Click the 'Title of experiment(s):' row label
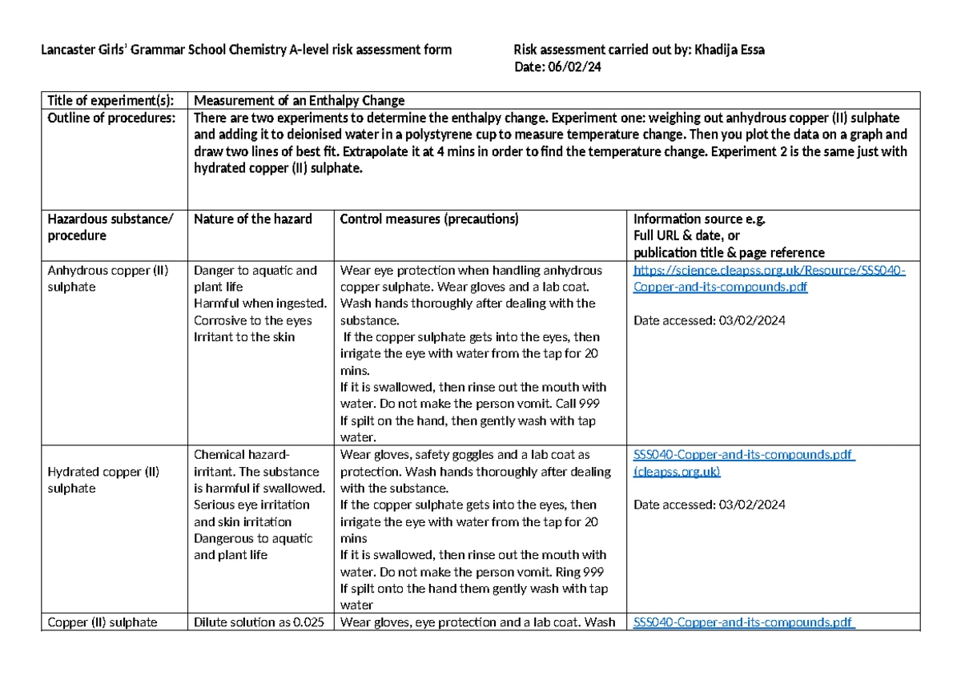point(110,100)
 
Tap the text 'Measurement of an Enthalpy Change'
point(300,100)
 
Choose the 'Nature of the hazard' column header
point(253,219)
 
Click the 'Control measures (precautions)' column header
point(429,219)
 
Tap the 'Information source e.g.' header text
point(699,219)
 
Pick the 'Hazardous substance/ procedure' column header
point(110,227)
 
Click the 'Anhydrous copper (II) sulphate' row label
point(108,278)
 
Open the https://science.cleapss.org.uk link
point(769,270)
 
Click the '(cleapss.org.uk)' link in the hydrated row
point(677,472)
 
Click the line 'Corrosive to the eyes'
point(253,320)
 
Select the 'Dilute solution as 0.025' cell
point(259,622)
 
